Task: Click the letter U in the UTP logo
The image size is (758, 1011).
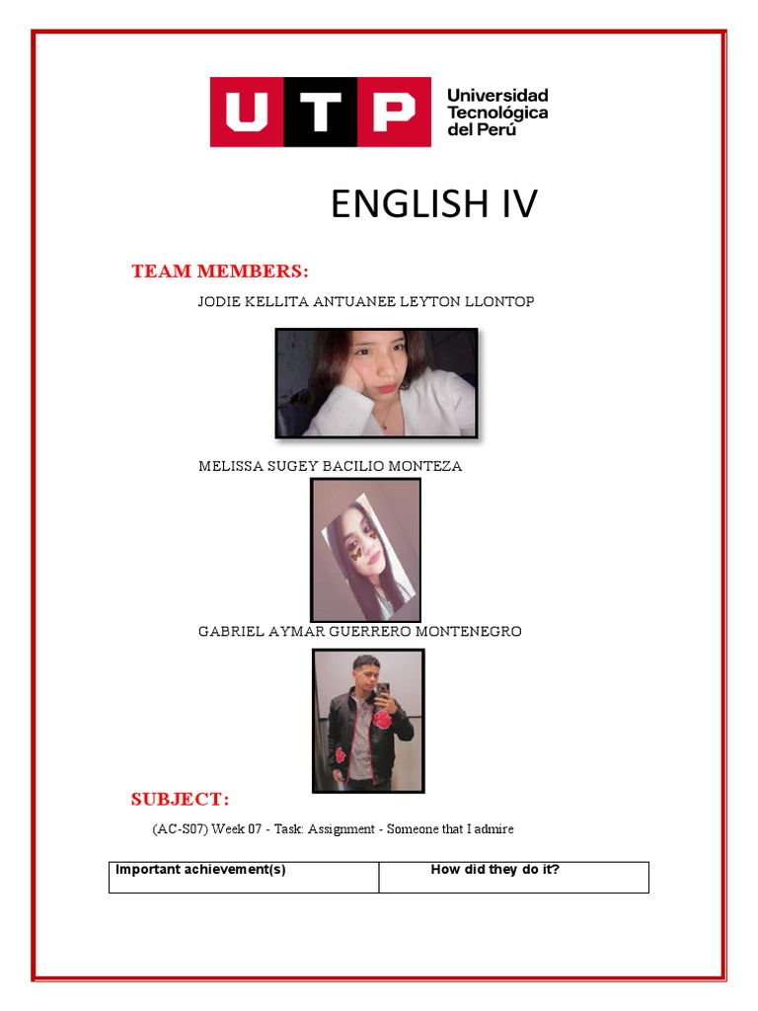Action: pyautogui.click(x=246, y=113)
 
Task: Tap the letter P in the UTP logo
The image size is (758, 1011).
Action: pyautogui.click(x=392, y=113)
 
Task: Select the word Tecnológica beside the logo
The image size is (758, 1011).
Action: pyautogui.click(x=497, y=113)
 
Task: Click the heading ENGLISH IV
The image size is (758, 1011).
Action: pyautogui.click(x=434, y=204)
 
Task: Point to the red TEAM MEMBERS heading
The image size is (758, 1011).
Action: pyautogui.click(x=220, y=272)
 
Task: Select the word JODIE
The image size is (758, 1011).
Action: pyautogui.click(x=219, y=302)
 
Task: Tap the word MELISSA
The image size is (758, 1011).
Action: pyautogui.click(x=229, y=466)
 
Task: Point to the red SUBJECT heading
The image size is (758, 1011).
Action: pyautogui.click(x=180, y=799)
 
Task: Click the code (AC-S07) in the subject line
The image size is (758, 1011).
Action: pyautogui.click(x=180, y=829)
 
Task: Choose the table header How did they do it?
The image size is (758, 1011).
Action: pyautogui.click(x=495, y=870)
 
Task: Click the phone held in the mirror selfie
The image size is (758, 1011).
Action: pyautogui.click(x=382, y=690)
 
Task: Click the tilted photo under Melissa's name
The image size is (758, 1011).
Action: pyautogui.click(x=365, y=550)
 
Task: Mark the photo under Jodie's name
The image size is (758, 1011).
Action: pyautogui.click(x=376, y=383)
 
